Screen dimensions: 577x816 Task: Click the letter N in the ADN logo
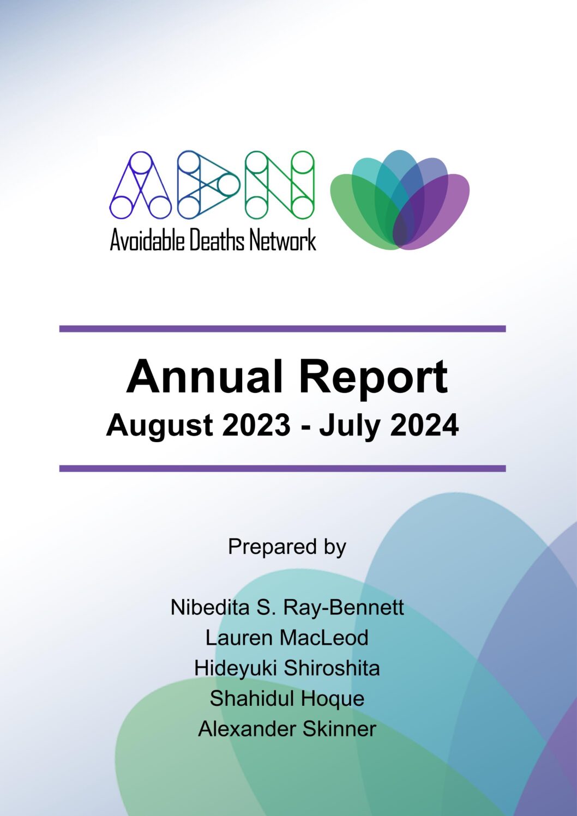pos(280,185)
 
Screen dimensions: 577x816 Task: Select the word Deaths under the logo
pos(217,240)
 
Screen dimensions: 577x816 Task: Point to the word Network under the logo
pos(283,240)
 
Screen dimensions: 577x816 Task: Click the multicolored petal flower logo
pos(400,200)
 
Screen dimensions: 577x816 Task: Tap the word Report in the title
pos(373,379)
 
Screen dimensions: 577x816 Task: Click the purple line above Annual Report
pos(283,329)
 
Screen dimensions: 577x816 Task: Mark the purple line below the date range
pos(283,468)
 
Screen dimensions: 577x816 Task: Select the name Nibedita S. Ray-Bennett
pos(287,607)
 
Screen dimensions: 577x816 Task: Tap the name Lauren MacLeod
pos(287,638)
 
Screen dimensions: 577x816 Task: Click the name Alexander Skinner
pos(287,729)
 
